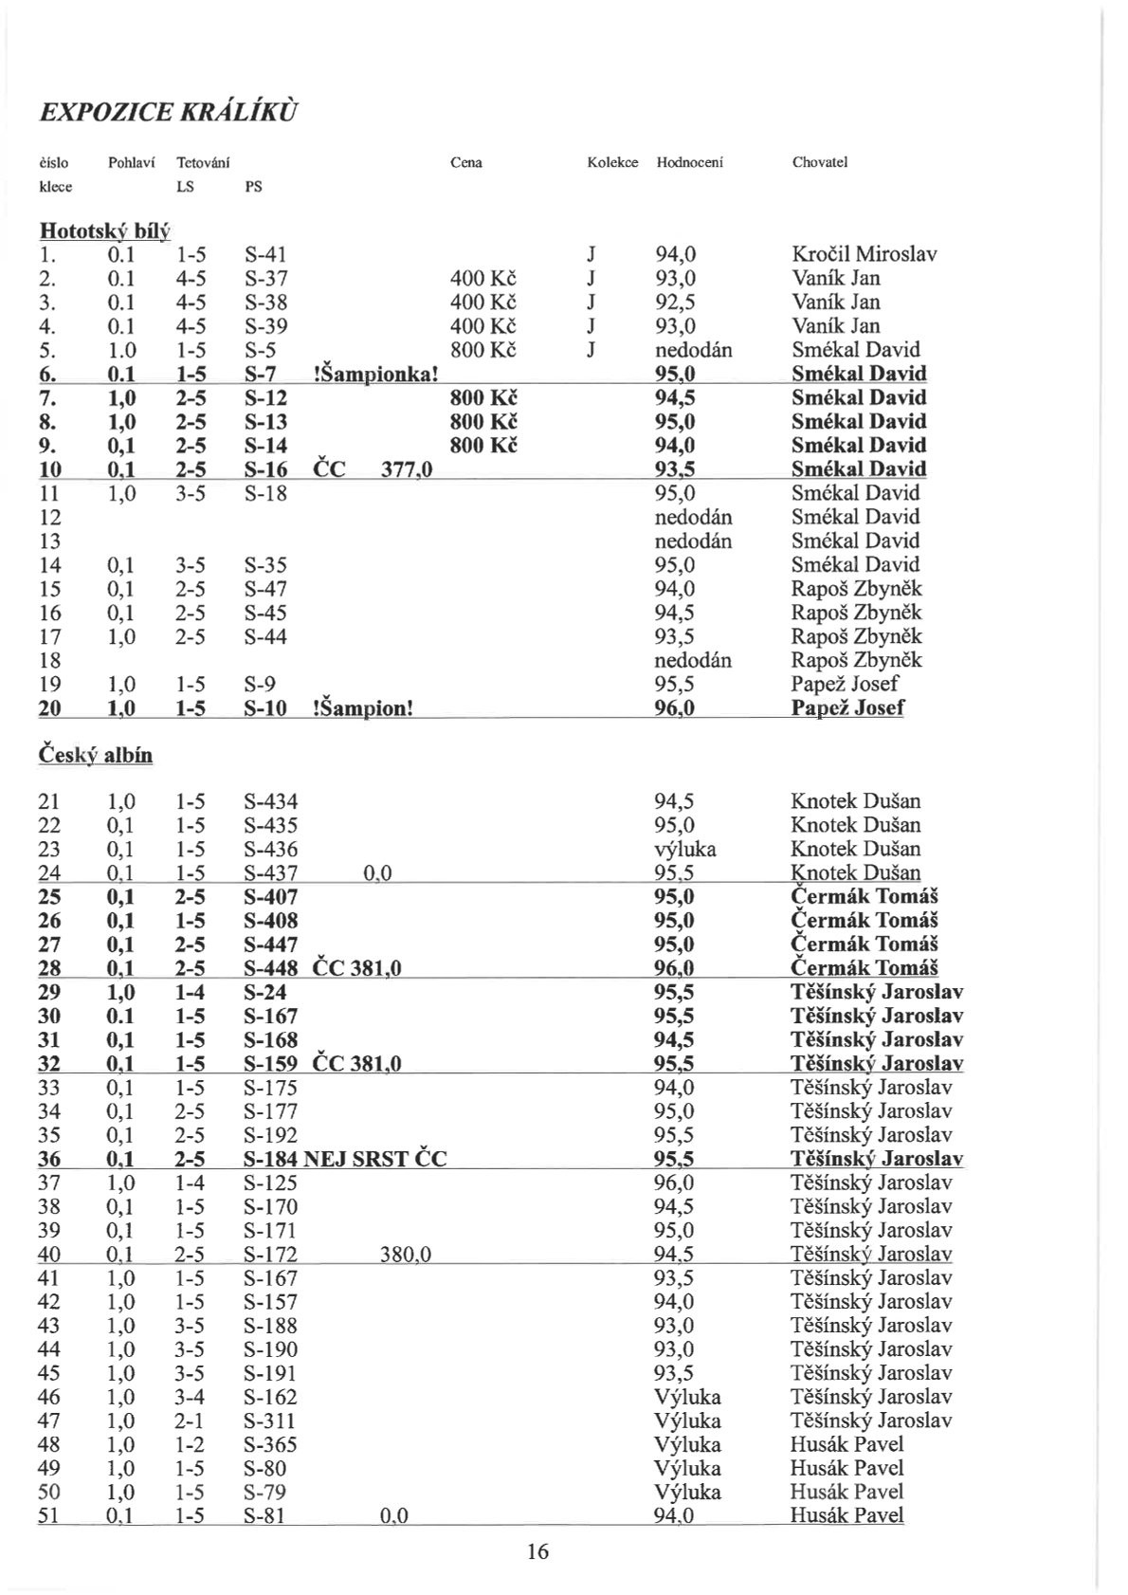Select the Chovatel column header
point(819,162)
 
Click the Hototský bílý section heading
point(103,230)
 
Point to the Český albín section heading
point(95,754)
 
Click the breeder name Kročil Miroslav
point(864,254)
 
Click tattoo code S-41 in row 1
point(265,254)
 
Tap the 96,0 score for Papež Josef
point(675,707)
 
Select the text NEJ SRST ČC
point(375,1159)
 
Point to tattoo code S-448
point(270,968)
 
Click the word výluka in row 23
point(685,849)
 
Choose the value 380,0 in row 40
point(406,1255)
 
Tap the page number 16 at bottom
point(537,1551)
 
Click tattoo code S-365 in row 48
point(270,1444)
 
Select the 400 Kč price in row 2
point(483,278)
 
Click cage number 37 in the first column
point(48,1182)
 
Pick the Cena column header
point(465,162)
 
